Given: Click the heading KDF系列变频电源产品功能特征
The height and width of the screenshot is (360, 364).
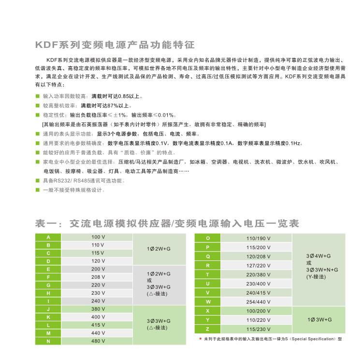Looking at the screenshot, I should coord(115,45).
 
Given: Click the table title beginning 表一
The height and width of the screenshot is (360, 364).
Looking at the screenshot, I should coord(167,224).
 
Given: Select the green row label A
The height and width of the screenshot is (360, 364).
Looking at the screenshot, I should coord(48,237).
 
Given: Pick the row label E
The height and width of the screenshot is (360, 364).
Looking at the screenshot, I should coord(48,269).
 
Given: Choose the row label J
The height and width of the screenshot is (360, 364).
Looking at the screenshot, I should coord(48,309).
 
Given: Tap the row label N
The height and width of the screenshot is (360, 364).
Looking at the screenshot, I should coord(48,341).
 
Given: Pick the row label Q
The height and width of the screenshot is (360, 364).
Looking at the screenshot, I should coord(208,256).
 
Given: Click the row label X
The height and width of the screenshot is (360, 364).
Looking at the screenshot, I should coord(208,310).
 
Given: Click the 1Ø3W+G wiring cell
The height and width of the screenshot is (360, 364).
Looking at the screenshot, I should coord(319,319).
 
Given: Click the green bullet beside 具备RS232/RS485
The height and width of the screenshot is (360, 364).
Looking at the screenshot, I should coord(38,180).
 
